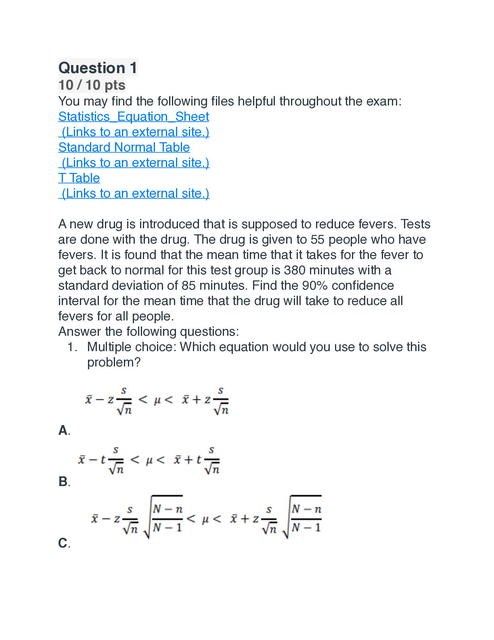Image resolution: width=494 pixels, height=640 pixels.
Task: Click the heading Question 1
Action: [x=98, y=68]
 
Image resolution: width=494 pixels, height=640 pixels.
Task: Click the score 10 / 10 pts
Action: [x=92, y=85]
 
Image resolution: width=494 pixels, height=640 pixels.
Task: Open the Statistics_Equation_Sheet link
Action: [x=134, y=117]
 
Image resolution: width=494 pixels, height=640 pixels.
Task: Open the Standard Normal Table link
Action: [x=124, y=147]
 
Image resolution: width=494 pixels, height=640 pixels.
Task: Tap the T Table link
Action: [x=79, y=178]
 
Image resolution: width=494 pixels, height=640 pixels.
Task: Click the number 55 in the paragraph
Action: [x=317, y=240]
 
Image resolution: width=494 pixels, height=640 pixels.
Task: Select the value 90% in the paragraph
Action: [x=315, y=286]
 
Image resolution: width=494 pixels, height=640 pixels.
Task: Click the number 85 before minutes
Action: [x=188, y=286]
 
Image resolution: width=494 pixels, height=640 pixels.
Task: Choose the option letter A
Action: [x=63, y=430]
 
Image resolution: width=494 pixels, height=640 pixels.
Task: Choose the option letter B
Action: [x=63, y=482]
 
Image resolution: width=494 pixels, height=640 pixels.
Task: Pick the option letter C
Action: [x=63, y=543]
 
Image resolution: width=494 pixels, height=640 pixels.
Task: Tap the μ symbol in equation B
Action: [x=149, y=460]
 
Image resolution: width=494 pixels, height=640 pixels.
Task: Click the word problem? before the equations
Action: [x=114, y=362]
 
